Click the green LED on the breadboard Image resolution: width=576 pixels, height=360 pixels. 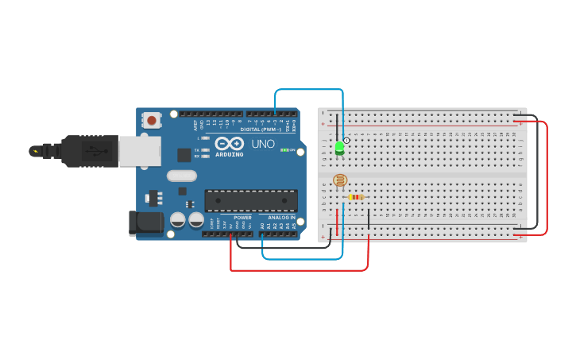click(340, 147)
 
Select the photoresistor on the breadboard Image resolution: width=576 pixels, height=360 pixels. click(340, 181)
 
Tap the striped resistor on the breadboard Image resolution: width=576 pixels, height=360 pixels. click(356, 197)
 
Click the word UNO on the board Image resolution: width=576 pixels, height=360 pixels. click(263, 144)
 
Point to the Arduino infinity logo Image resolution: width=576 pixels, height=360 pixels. click(229, 143)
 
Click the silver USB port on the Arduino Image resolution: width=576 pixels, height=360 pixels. click(140, 150)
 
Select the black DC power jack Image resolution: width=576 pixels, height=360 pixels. click(145, 223)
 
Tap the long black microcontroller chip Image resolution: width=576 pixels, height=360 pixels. click(251, 201)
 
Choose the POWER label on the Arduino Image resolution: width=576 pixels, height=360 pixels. click(242, 217)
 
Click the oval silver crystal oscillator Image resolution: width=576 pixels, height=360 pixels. click(181, 176)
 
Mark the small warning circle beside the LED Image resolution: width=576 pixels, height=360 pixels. click(346, 140)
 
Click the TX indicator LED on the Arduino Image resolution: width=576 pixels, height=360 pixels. click(205, 149)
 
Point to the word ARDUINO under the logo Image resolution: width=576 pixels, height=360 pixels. click(229, 154)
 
